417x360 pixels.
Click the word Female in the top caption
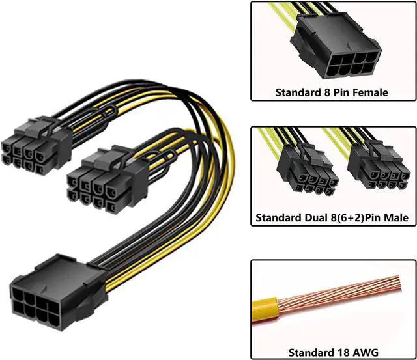click(369, 92)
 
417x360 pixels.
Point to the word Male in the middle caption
click(395, 218)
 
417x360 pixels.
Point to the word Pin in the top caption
click(341, 92)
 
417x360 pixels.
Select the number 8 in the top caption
click(327, 92)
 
